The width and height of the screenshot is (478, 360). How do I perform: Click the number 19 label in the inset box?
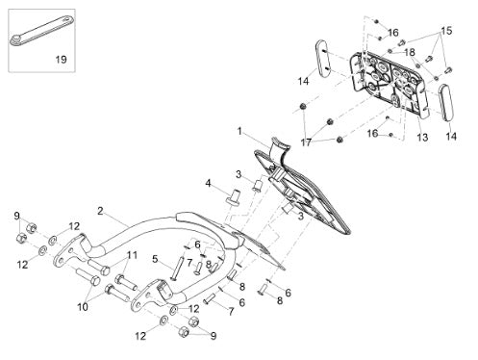coord(62,60)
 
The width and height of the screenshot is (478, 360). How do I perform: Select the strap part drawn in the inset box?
coord(41,31)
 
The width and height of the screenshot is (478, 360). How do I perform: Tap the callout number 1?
coord(239,131)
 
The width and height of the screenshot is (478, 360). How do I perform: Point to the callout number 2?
coord(100,211)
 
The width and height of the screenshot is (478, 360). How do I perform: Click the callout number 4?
coord(209,184)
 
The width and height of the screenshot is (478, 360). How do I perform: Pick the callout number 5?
coord(155,259)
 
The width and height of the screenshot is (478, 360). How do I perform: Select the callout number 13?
coord(422,138)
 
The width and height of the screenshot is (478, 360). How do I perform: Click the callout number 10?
coord(83,307)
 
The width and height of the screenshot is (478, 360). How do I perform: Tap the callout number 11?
coord(132,255)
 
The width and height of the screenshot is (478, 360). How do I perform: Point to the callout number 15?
coord(446,31)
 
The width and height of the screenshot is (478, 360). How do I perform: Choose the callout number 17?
coord(306,142)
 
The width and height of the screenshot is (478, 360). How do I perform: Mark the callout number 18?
coord(410,52)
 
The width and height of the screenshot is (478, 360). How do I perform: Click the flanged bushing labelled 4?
coord(234,196)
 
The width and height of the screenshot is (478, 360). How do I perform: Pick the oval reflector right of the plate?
coord(445,103)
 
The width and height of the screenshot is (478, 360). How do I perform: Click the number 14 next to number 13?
coord(451,137)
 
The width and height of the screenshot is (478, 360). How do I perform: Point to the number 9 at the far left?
coord(17,216)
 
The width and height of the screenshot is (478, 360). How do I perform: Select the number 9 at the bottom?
coord(214,336)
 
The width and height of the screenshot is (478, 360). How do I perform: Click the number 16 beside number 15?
coord(393,33)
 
